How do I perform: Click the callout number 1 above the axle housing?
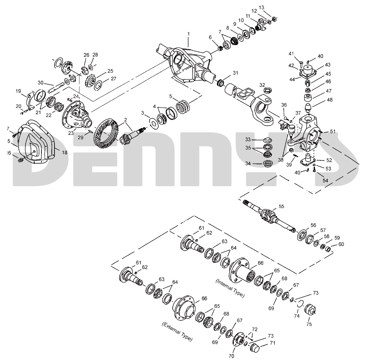click(188, 34)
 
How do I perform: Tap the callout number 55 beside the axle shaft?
click(281, 206)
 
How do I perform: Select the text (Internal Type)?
click(230, 288)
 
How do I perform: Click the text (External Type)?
click(177, 332)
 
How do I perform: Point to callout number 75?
click(309, 324)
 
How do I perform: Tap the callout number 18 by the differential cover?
click(64, 153)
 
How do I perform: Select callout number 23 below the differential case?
click(71, 134)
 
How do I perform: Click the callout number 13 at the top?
click(273, 8)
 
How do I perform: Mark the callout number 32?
click(262, 85)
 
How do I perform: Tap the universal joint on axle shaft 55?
click(267, 217)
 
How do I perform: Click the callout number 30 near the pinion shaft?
click(40, 83)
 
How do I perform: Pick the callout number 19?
click(18, 91)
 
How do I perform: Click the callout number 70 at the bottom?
click(232, 356)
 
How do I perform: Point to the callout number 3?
click(143, 113)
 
